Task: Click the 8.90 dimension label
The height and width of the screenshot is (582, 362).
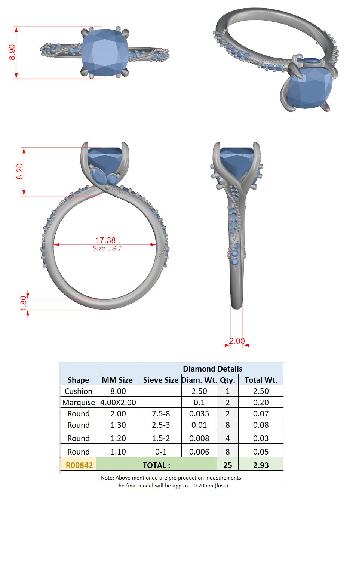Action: (12, 52)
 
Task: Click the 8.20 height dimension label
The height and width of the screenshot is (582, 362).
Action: (20, 172)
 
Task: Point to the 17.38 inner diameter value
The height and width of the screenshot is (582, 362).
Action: (105, 240)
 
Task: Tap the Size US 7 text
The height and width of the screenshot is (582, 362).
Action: (107, 249)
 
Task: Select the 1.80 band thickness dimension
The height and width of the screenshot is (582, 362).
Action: (24, 303)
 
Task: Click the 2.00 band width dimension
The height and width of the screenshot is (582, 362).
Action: (237, 341)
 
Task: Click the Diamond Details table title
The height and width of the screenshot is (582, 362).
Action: (212, 369)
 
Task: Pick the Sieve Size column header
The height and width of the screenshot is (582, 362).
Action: (160, 380)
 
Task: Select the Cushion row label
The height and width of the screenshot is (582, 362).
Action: (79, 391)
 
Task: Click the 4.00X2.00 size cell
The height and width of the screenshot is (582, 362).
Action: (118, 403)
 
